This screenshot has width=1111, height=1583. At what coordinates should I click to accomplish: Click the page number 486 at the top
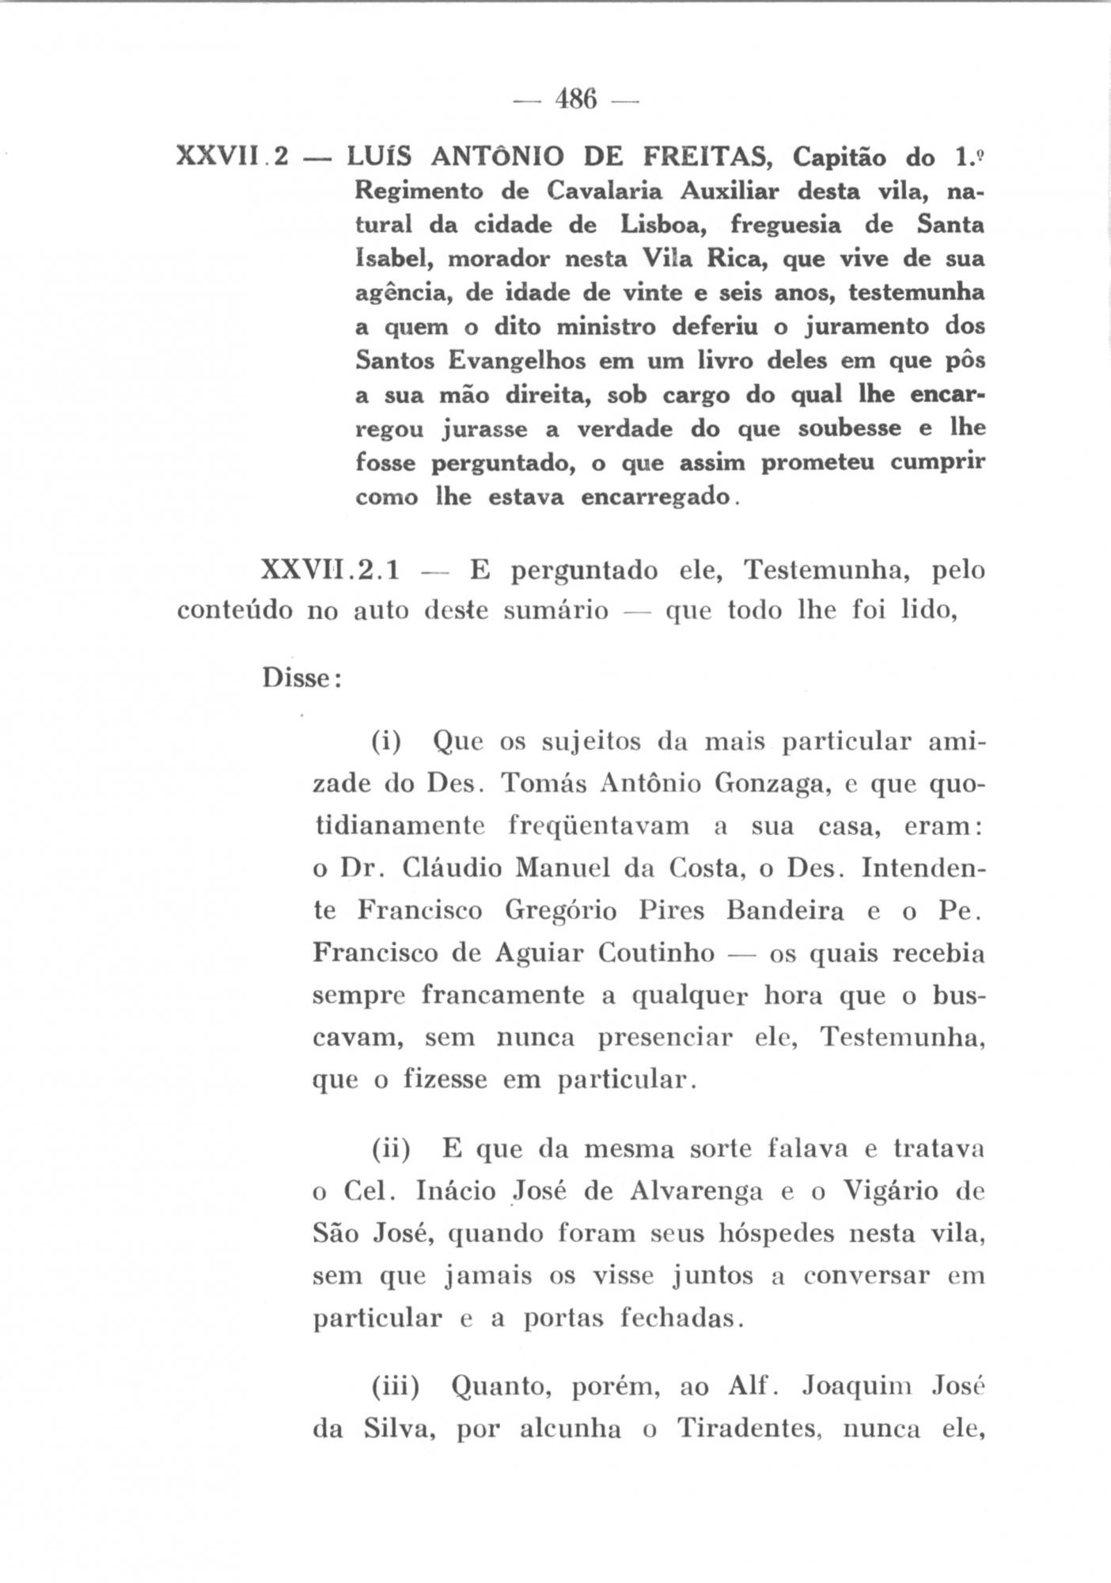(575, 101)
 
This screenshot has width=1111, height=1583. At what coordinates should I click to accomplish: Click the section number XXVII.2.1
(331, 570)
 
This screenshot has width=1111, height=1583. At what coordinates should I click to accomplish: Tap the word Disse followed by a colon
(300, 679)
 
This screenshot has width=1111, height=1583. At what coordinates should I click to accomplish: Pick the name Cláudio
(452, 868)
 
